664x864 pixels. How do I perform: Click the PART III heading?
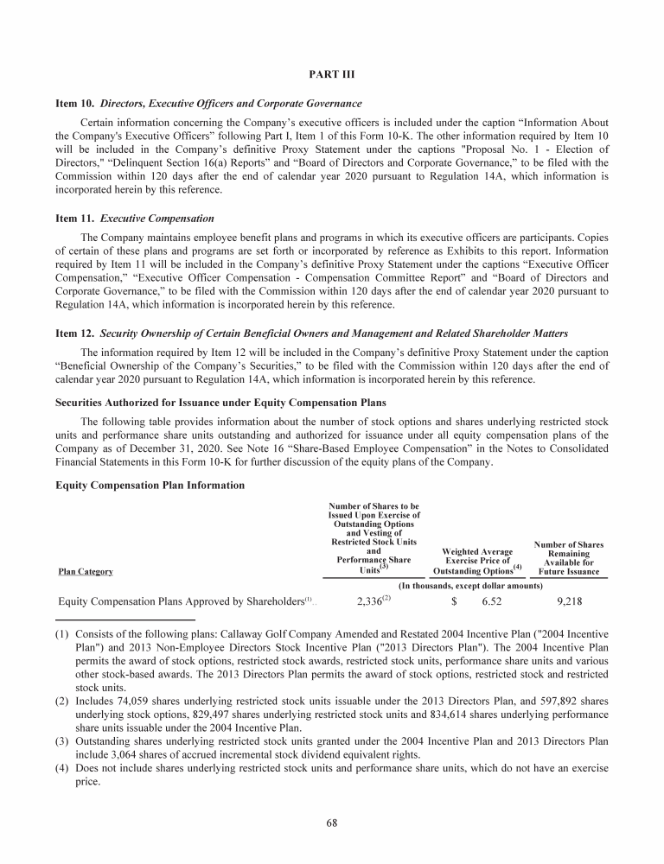332,74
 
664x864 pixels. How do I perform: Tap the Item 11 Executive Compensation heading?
134,219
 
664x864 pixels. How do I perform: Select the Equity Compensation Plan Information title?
150,486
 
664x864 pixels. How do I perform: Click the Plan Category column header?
85,571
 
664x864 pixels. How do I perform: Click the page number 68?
332,822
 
